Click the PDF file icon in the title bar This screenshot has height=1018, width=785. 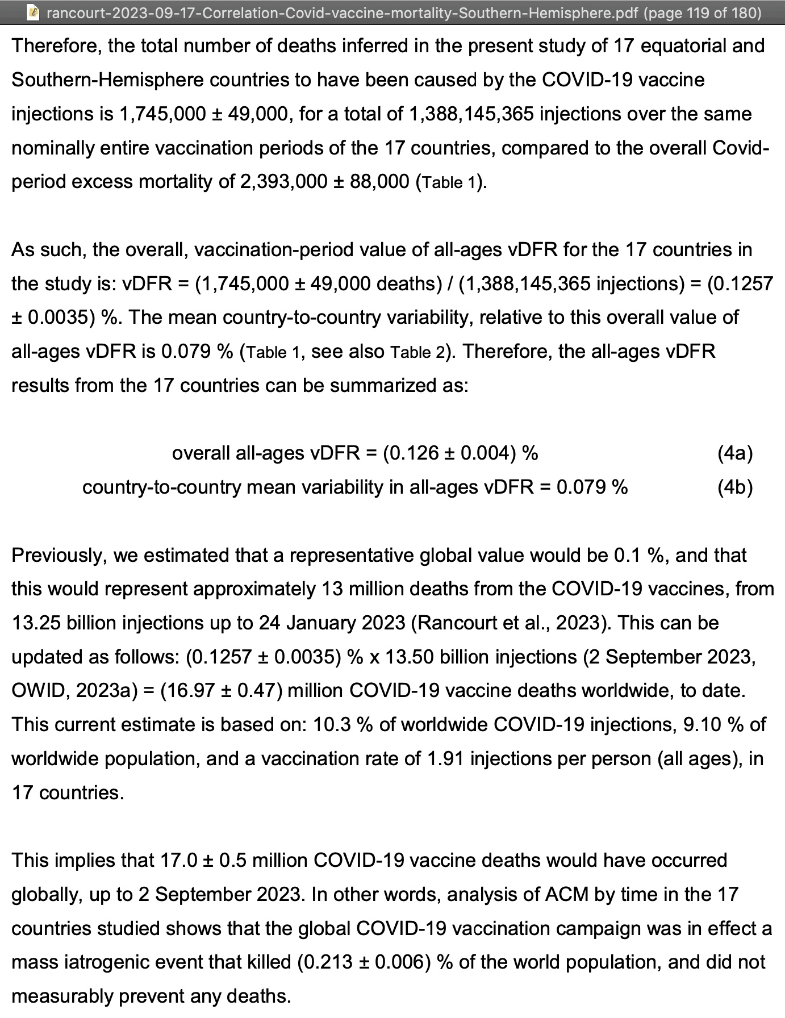pyautogui.click(x=34, y=12)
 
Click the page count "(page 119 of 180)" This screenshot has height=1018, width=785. pyautogui.click(x=703, y=12)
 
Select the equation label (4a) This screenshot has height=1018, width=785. pyautogui.click(x=735, y=453)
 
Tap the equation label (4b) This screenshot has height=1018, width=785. pyautogui.click(x=735, y=487)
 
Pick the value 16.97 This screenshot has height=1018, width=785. pyautogui.click(x=187, y=691)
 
